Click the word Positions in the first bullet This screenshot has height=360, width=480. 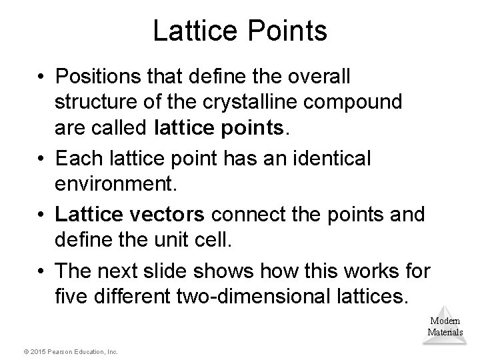[93, 78]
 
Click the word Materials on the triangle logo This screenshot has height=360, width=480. [445, 332]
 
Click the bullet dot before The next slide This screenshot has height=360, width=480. [43, 271]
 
